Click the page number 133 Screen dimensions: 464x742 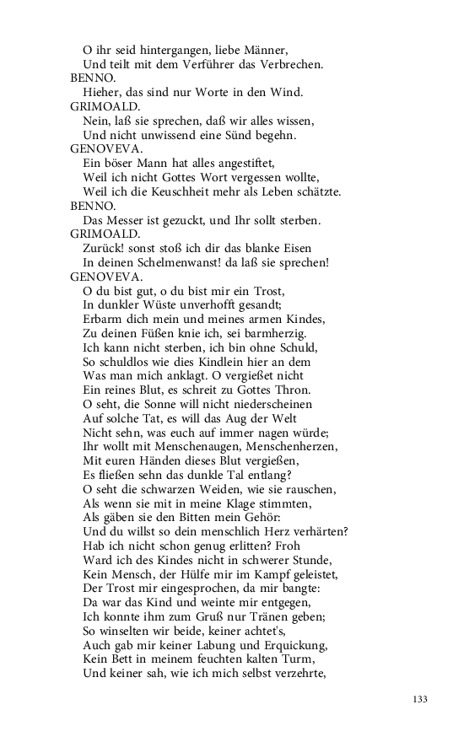click(x=421, y=699)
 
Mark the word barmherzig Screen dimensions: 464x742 click(x=283, y=332)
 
